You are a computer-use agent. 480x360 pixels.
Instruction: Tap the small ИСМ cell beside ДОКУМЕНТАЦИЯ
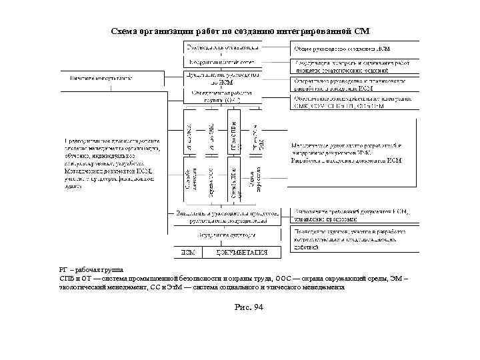coord(189,253)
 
